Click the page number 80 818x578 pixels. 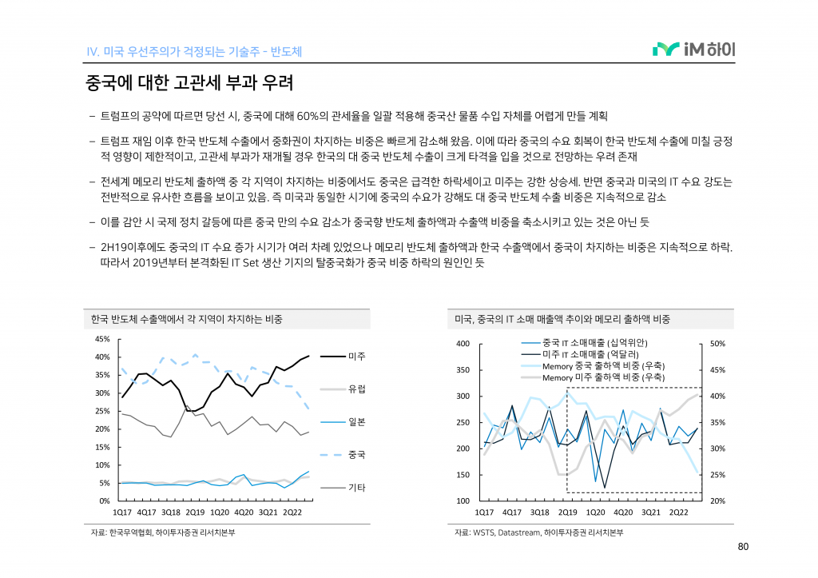pyautogui.click(x=742, y=548)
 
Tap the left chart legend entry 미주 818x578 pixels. pyautogui.click(x=356, y=356)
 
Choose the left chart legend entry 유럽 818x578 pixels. pyautogui.click(x=356, y=389)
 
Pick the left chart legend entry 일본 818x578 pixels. pyautogui.click(x=356, y=421)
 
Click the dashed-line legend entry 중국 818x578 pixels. pyautogui.click(x=356, y=454)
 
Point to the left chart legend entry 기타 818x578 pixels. pyautogui.click(x=356, y=487)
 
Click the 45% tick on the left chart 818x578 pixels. pyautogui.click(x=101, y=339)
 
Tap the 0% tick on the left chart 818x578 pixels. pyautogui.click(x=105, y=500)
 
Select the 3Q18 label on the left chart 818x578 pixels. pyautogui.click(x=171, y=512)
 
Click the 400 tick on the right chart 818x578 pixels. pyautogui.click(x=463, y=344)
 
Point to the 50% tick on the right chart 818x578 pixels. pyautogui.click(x=717, y=344)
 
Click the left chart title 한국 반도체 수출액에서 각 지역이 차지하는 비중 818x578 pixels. pyautogui.click(x=187, y=319)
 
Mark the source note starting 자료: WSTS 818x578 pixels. pyautogui.click(x=538, y=532)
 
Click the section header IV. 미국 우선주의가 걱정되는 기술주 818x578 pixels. pyautogui.click(x=193, y=52)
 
